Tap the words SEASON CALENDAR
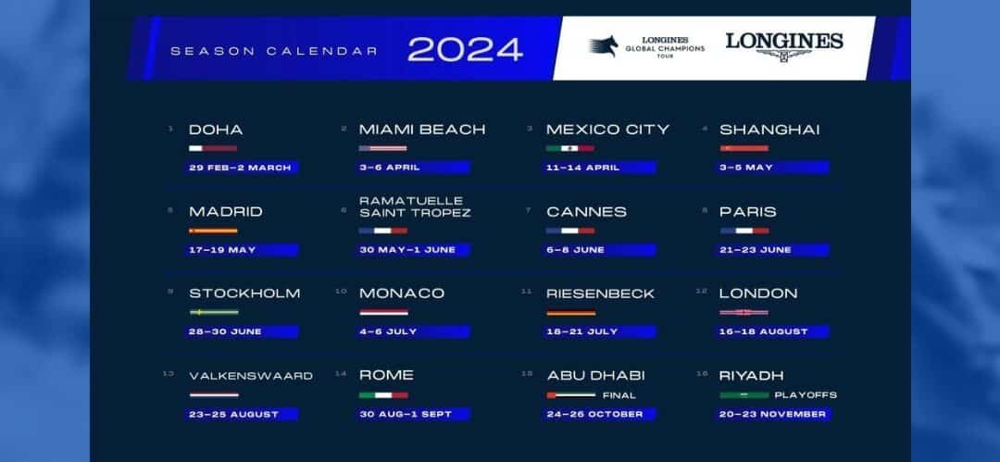coord(274,51)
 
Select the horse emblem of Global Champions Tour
coord(605,45)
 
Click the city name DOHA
coord(216,130)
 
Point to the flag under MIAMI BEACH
coord(382,148)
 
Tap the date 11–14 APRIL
coord(583,168)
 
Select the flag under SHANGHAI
coord(744,148)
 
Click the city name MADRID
coord(226,212)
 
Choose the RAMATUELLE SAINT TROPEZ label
coord(415,206)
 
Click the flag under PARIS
coord(744,231)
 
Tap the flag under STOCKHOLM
coord(213,312)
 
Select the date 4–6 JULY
coord(389,331)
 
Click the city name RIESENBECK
coord(600,293)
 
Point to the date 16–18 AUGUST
coord(764,331)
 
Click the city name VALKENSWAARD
coord(251,376)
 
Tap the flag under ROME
coord(382,395)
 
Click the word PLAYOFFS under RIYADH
coord(806,395)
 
